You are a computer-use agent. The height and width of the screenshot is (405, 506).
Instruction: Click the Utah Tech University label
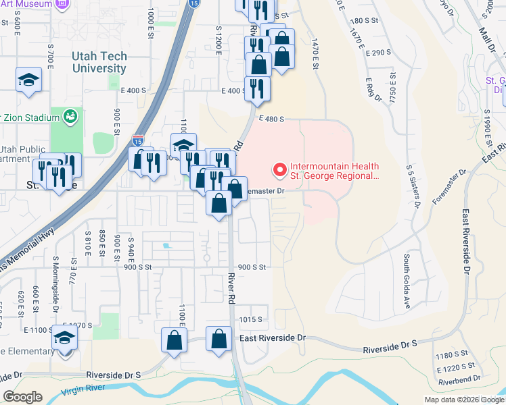click(99, 62)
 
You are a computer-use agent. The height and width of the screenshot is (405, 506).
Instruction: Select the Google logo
click(23, 397)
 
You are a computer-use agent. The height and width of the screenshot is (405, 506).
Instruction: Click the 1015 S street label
click(250, 319)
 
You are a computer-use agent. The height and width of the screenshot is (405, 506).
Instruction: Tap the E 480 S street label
click(270, 119)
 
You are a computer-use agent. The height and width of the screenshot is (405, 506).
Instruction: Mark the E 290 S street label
click(379, 53)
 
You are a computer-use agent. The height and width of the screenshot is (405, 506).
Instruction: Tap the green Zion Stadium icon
click(70, 117)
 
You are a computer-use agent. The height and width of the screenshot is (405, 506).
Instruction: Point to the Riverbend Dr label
click(459, 380)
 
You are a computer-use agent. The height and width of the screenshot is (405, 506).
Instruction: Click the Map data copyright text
click(463, 400)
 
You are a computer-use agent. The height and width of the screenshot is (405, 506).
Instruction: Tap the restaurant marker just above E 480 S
click(257, 88)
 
